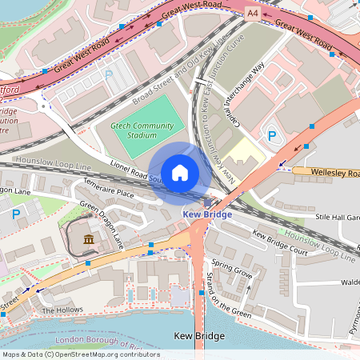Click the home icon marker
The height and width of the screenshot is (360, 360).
(x=180, y=172)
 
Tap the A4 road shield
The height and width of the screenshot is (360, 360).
(x=253, y=14)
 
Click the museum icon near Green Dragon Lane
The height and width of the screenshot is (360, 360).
(x=87, y=239)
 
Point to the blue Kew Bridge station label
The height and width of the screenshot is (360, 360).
(x=207, y=214)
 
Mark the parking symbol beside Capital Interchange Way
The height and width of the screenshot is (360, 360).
(x=270, y=137)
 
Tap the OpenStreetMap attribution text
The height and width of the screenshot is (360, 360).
(x=80, y=354)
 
